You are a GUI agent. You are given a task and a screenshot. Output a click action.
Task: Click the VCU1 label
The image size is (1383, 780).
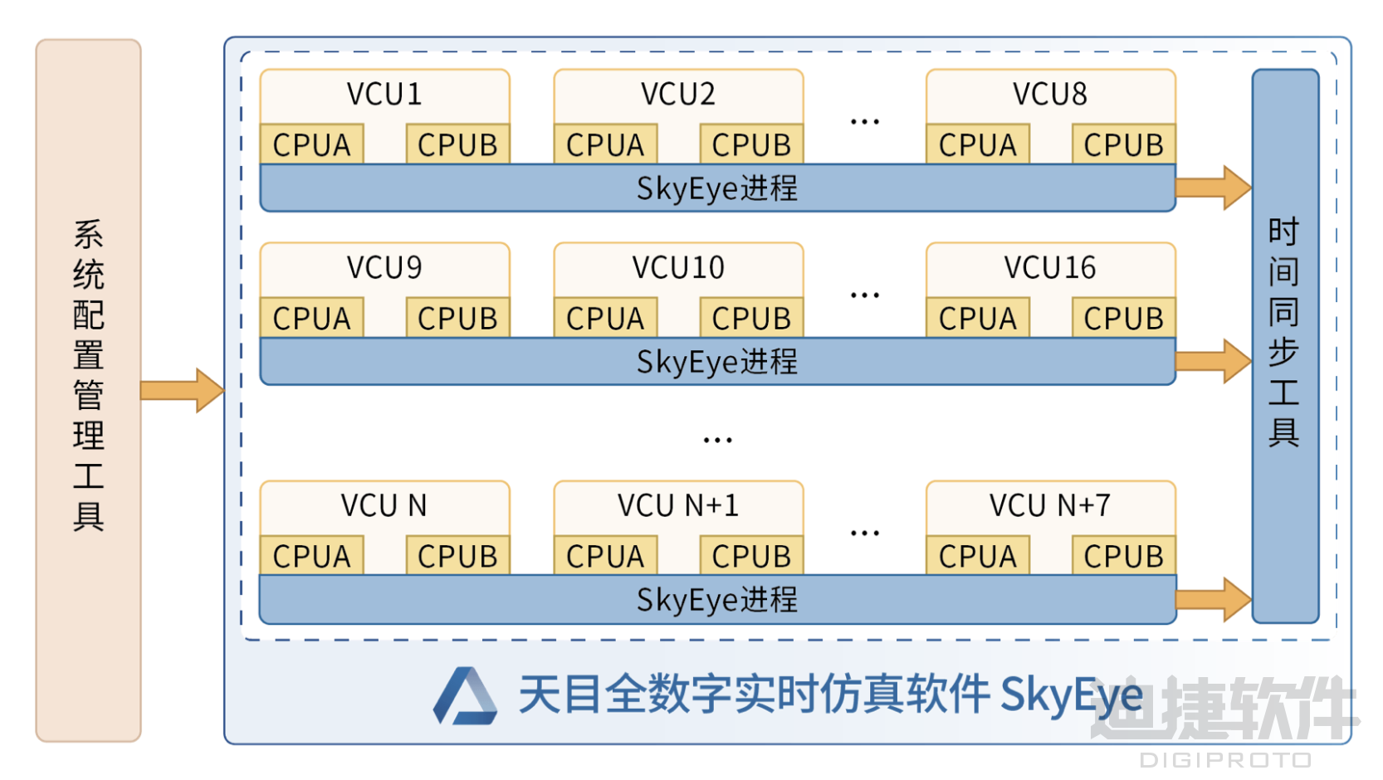coord(384,95)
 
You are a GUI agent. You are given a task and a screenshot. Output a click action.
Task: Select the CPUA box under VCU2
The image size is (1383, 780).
coord(605,144)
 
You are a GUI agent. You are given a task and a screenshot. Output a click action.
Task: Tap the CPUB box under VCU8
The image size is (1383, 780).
coord(1123,144)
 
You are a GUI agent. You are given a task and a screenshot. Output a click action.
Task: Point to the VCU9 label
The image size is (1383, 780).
coord(384,268)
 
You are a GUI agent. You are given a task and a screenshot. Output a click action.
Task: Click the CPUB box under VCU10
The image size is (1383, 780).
coord(751,318)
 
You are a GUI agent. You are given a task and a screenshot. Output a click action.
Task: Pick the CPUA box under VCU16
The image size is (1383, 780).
coord(977,318)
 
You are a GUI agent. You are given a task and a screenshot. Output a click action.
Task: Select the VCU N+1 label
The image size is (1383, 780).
coord(678,505)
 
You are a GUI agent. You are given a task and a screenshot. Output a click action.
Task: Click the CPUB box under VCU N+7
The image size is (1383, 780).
coord(1123,556)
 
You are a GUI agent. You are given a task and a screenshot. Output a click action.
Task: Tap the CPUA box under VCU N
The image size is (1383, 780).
coord(311,556)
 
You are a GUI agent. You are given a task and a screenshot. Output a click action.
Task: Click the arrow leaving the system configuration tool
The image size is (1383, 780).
coord(182,390)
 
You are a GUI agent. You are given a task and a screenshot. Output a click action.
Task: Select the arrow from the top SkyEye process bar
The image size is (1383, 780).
coord(1213,188)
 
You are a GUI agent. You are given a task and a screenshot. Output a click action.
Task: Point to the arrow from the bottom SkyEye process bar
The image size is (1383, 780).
coord(1213,599)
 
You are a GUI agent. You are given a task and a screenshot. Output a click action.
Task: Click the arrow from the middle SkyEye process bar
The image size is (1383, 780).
coord(1213,361)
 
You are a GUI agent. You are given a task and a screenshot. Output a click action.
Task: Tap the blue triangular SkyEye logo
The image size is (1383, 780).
coord(465,697)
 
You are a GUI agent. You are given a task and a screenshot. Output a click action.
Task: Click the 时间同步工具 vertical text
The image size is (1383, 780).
coord(1283,332)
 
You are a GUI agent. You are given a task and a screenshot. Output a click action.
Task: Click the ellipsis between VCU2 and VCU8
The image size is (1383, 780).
coord(864,122)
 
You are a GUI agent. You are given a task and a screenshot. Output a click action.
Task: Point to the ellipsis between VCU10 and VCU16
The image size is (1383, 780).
coord(864,295)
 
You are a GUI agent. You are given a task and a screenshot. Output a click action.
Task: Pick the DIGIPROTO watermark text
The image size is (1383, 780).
coord(1225,760)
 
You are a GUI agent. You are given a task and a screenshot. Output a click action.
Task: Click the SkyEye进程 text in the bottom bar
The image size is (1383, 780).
coord(717,600)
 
